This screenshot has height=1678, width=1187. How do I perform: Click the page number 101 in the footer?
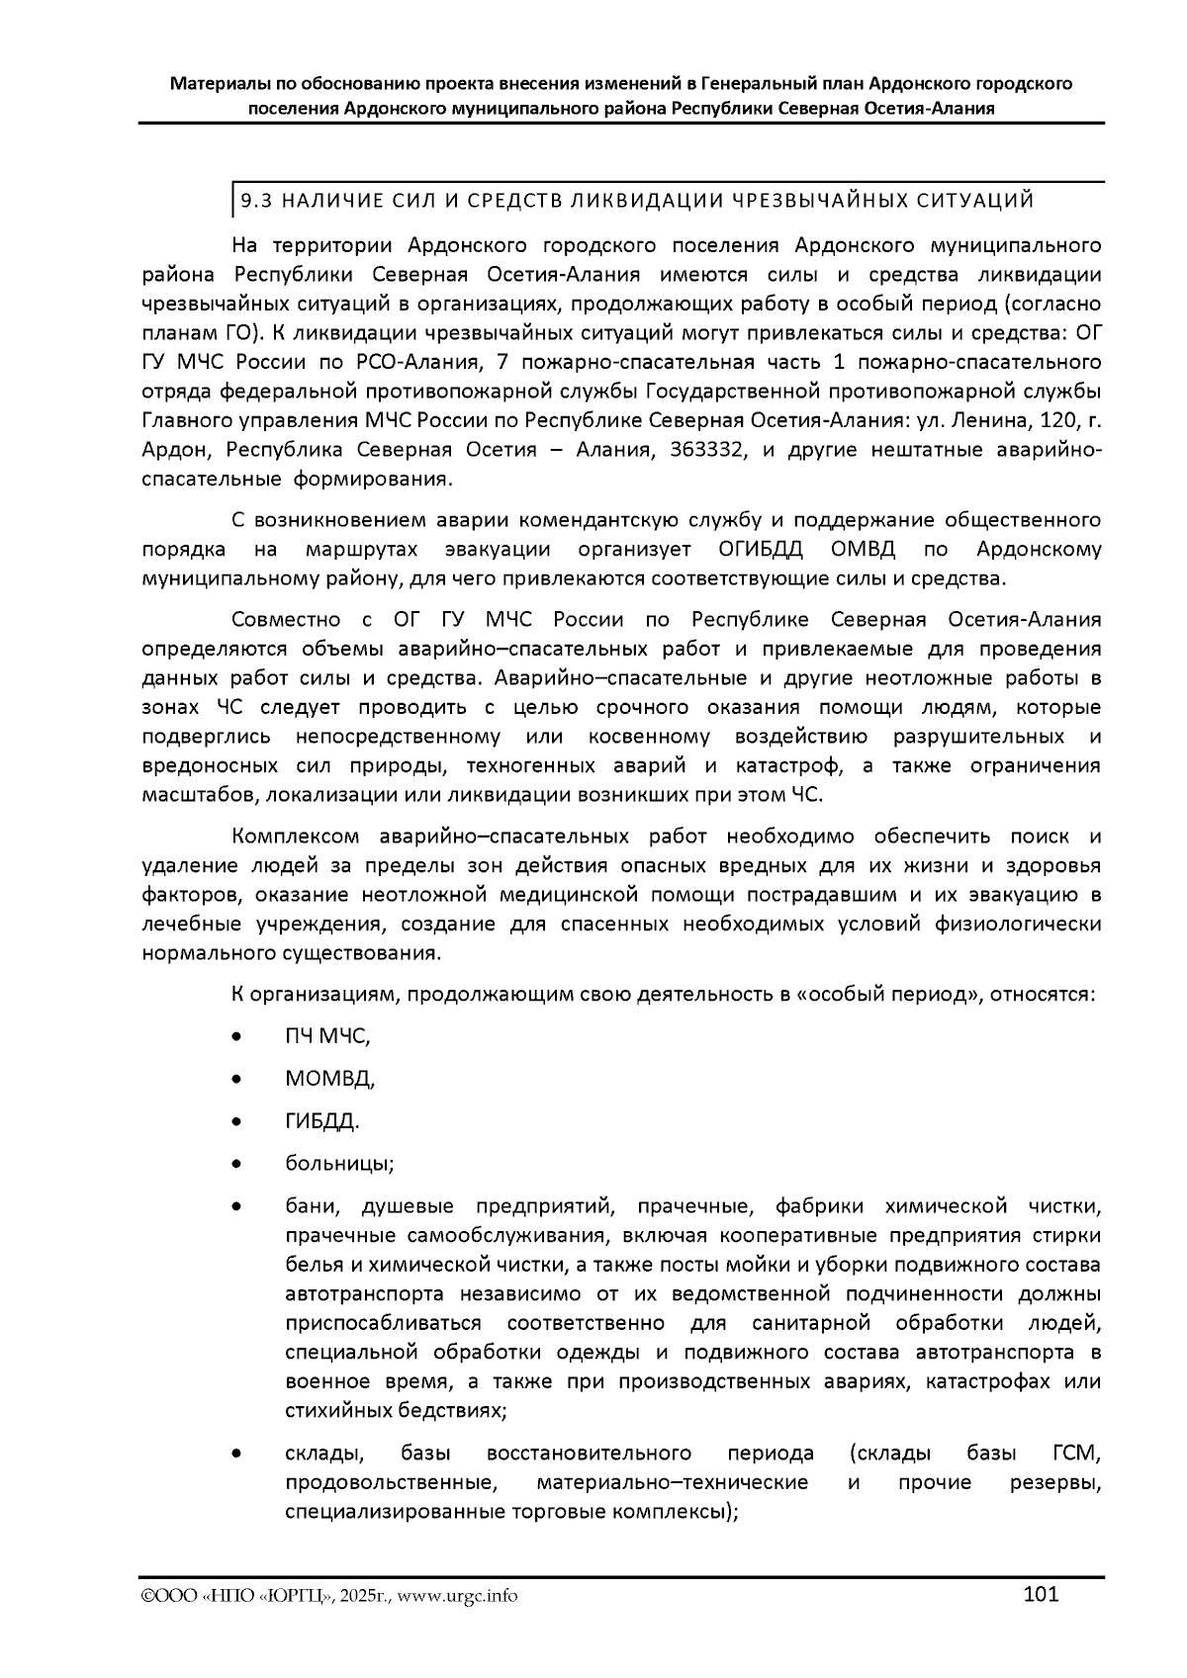[1041, 1594]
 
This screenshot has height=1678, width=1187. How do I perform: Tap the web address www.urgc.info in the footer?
[465, 1596]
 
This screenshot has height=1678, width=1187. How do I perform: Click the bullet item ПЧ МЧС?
[326, 1036]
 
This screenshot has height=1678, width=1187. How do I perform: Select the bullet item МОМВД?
[329, 1079]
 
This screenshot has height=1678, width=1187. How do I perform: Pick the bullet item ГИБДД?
[321, 1121]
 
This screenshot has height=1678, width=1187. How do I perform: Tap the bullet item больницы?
[339, 1164]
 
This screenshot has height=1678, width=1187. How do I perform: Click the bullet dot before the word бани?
[235, 1207]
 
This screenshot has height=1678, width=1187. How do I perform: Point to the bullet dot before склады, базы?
[235, 1454]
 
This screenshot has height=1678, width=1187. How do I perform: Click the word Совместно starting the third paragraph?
[281, 620]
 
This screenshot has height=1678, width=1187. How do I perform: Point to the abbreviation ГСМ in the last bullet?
[1072, 1454]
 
